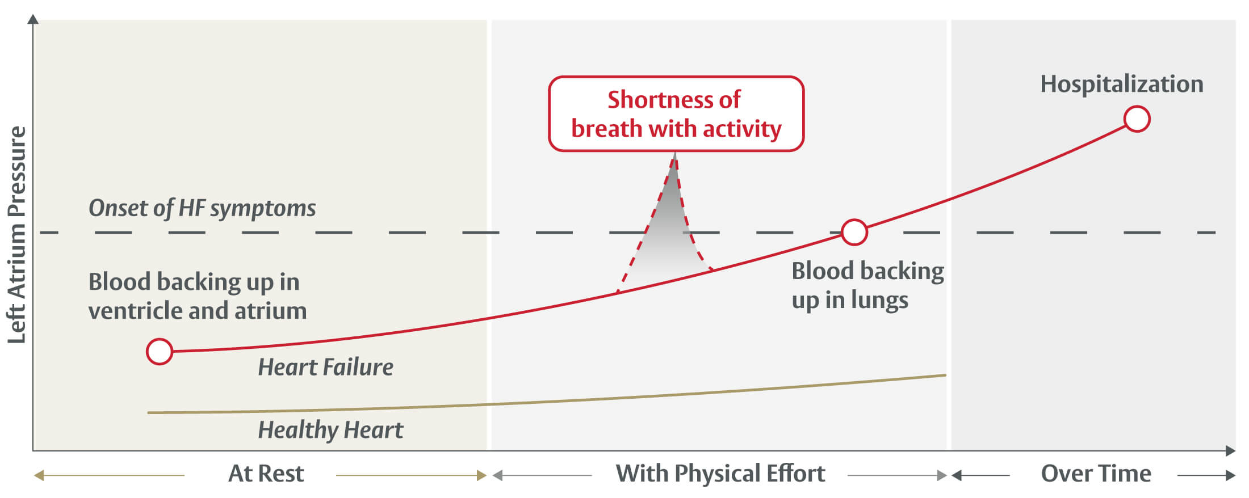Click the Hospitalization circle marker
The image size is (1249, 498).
tap(1137, 119)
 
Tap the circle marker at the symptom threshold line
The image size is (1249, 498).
tap(854, 232)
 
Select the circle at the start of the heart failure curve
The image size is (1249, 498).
tap(160, 352)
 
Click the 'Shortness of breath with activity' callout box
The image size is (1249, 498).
tap(676, 114)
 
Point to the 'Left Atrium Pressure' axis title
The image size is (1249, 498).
tap(17, 235)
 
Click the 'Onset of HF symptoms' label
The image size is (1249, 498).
tap(202, 208)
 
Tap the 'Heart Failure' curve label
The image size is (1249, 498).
tap(325, 368)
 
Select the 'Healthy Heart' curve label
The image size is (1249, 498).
tap(330, 430)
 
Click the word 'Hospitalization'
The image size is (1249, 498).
tap(1121, 84)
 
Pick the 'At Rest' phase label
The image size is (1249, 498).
tap(266, 474)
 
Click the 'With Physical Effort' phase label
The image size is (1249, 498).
tap(720, 474)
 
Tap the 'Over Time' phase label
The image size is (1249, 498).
tap(1096, 474)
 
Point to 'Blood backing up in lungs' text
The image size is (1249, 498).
tap(867, 285)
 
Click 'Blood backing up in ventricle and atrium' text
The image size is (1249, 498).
tap(197, 296)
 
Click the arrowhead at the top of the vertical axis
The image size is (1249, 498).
tap(33, 20)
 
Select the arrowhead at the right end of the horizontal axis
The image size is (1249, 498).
tap(1230, 451)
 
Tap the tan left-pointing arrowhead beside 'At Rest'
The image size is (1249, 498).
tap(39, 475)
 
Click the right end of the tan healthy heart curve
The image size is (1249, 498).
tap(944, 375)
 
